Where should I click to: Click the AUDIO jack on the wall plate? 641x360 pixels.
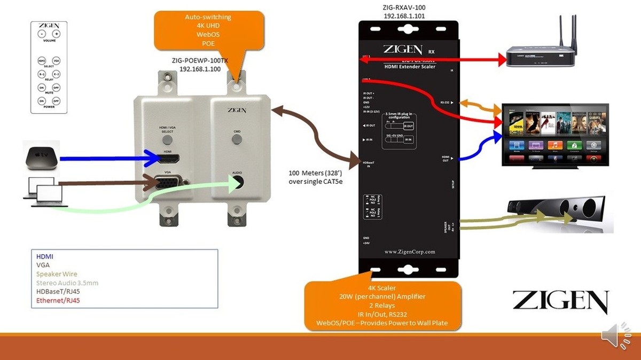click(x=237, y=182)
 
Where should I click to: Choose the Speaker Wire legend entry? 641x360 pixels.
click(x=57, y=274)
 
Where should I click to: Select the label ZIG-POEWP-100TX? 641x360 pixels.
click(x=200, y=61)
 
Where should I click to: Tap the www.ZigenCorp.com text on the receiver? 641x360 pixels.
click(x=410, y=251)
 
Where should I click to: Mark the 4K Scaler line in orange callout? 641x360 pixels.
click(x=382, y=288)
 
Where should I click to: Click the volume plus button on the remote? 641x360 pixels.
click(x=56, y=34)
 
